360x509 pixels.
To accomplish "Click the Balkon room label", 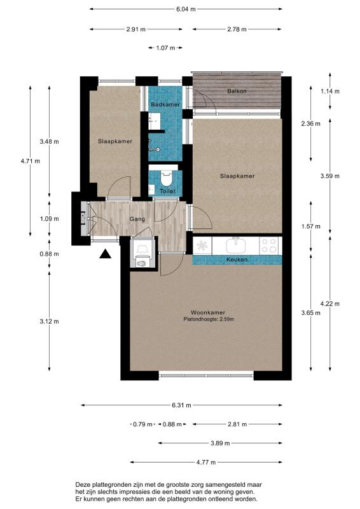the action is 237,91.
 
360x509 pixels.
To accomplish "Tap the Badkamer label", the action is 165,104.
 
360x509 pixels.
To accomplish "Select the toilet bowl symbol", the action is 166,178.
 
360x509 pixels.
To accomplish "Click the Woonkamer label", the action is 208,312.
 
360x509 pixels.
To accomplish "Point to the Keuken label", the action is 237,260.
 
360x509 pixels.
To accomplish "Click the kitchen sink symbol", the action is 236,245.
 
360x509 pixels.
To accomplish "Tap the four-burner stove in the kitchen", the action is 270,246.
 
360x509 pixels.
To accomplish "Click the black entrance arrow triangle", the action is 105,254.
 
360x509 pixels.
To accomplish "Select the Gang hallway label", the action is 137,219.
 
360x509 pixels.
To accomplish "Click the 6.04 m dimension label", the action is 186,9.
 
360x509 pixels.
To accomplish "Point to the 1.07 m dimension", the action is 165,48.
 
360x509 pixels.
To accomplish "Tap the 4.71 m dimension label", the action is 30,161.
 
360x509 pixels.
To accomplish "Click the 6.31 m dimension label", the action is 181,405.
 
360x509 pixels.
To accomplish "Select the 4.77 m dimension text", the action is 206,463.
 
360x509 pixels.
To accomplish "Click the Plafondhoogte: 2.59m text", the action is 209,319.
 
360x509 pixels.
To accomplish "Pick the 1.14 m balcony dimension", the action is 330,91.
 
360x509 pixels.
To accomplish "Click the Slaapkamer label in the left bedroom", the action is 115,141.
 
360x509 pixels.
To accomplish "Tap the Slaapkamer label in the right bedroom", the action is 237,176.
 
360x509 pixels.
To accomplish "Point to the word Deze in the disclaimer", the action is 83,485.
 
